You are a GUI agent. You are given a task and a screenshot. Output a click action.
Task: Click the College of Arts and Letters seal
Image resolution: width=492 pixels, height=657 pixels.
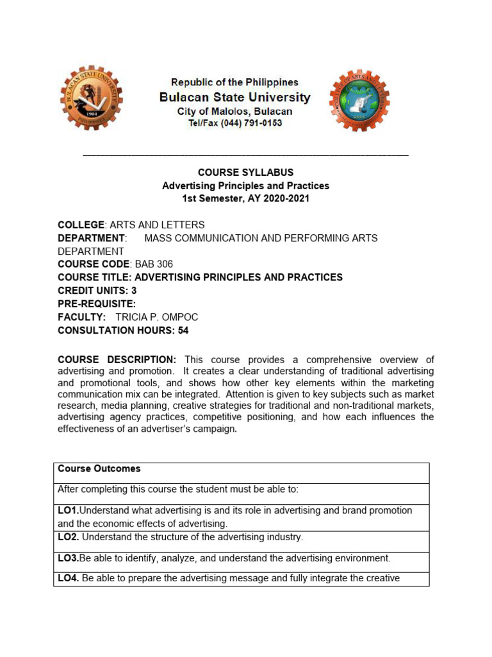359,100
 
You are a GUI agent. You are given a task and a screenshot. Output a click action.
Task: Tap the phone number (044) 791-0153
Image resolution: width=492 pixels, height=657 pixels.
251,123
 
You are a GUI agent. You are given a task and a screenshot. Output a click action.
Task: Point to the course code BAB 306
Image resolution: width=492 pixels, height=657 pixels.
154,264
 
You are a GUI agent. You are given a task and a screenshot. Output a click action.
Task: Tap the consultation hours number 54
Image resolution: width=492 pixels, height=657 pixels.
183,331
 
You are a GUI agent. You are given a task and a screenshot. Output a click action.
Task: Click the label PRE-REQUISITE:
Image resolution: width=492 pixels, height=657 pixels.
97,304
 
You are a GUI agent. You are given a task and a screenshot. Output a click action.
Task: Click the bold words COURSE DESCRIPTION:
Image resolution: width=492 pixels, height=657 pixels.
117,359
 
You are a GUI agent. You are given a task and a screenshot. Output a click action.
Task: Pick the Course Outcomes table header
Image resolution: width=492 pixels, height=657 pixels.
99,469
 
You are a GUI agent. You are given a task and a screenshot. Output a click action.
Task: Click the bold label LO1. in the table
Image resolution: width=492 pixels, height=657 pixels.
68,511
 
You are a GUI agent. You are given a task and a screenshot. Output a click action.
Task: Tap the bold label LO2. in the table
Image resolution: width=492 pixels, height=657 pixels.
68,537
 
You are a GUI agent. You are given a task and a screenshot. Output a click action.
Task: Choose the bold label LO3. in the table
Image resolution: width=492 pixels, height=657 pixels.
68,558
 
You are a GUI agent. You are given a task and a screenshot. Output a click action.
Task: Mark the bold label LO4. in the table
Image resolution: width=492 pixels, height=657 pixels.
68,579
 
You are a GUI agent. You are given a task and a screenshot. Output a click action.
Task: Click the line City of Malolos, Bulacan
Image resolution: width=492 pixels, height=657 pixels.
234,111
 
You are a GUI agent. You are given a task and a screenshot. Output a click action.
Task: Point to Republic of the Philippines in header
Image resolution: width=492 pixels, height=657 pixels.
234,82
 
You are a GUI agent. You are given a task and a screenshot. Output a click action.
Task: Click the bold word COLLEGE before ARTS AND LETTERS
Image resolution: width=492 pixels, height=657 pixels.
81,225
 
